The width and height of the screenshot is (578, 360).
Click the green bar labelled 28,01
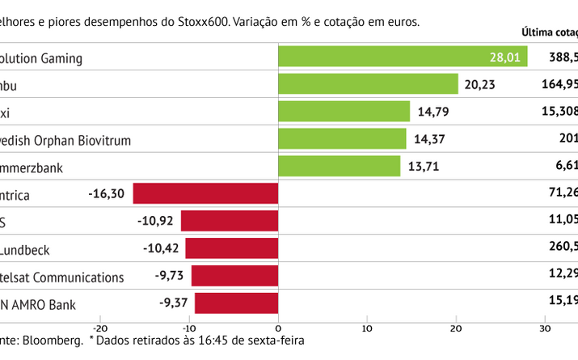pyautogui.click(x=402, y=57)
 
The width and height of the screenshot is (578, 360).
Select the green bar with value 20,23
pyautogui.click(x=368, y=84)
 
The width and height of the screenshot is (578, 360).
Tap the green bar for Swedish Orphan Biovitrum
pyautogui.click(x=341, y=139)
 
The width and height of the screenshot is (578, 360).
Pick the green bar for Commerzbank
pyautogui.click(x=339, y=167)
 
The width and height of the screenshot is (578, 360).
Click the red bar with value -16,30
pyautogui.click(x=205, y=194)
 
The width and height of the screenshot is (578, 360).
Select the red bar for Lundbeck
pyautogui.click(x=231, y=249)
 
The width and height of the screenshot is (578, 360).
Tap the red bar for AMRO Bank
pyautogui.click(x=236, y=304)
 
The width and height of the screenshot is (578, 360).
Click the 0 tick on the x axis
pyautogui.click(x=278, y=328)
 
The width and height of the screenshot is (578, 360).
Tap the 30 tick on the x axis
pyautogui.click(x=546, y=328)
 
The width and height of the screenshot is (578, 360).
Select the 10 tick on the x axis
pyautogui.click(x=367, y=328)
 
